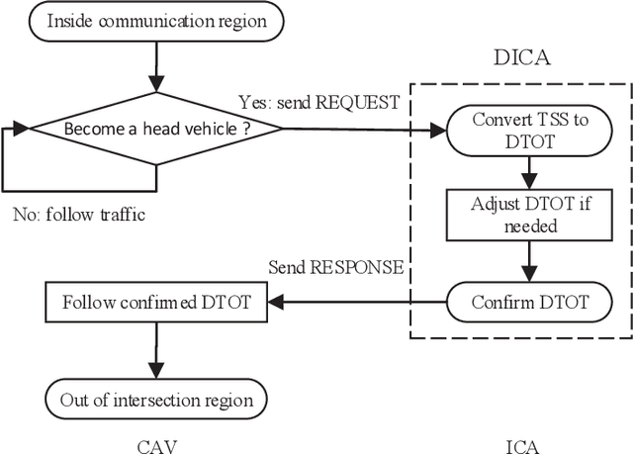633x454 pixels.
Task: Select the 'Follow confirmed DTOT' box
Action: (x=157, y=301)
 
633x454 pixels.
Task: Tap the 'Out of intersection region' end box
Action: (x=157, y=400)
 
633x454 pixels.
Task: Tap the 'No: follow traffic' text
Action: (x=79, y=214)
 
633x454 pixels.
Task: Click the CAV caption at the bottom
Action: (x=157, y=444)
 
